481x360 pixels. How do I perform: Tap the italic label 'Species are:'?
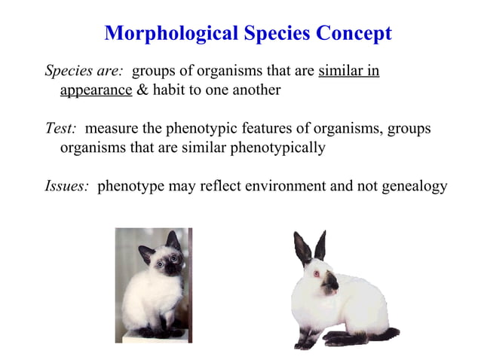tap(84, 72)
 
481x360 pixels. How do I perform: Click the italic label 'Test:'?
tap(61, 129)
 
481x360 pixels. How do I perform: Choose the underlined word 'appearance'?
tap(96, 90)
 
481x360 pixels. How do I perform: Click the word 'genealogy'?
tap(415, 186)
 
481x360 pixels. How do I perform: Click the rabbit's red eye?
tap(316, 273)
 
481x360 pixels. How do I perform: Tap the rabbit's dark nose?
tap(330, 285)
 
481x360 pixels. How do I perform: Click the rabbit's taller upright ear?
tap(321, 245)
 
